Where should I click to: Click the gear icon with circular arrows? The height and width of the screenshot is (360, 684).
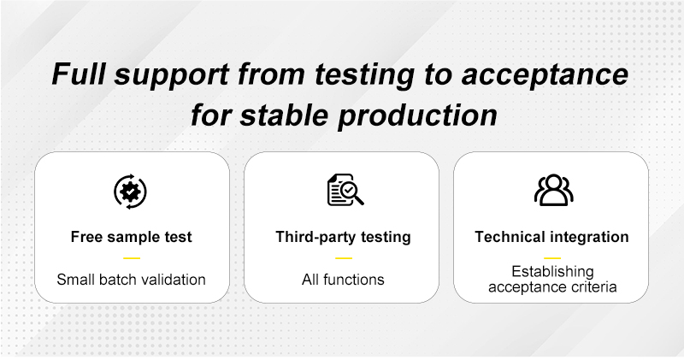tap(131, 192)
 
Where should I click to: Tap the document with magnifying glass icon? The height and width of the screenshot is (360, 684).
tap(345, 190)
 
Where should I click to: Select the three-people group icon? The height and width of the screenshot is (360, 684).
tap(553, 190)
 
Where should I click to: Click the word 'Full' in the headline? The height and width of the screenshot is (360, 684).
tap(79, 74)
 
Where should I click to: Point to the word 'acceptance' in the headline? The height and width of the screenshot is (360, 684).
tap(545, 75)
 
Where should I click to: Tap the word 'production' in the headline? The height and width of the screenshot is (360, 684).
tap(418, 116)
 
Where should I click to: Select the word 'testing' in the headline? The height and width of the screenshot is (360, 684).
tap(365, 75)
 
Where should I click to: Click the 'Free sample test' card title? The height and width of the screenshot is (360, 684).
tap(132, 237)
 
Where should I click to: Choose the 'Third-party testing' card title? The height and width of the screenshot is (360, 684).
tap(344, 237)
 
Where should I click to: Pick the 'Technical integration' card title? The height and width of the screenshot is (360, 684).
tap(551, 237)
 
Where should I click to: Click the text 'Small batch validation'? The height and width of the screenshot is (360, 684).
tap(132, 280)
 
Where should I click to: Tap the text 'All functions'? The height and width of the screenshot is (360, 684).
tap(344, 280)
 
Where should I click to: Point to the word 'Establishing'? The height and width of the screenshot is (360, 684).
tap(552, 272)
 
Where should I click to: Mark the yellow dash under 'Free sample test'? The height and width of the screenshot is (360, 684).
tap(132, 258)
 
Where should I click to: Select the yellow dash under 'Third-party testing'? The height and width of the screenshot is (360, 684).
tap(344, 258)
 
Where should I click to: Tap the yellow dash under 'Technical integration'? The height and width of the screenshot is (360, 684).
tap(552, 258)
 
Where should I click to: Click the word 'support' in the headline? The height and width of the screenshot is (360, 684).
tap(172, 75)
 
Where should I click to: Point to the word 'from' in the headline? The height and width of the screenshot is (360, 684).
tap(271, 74)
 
